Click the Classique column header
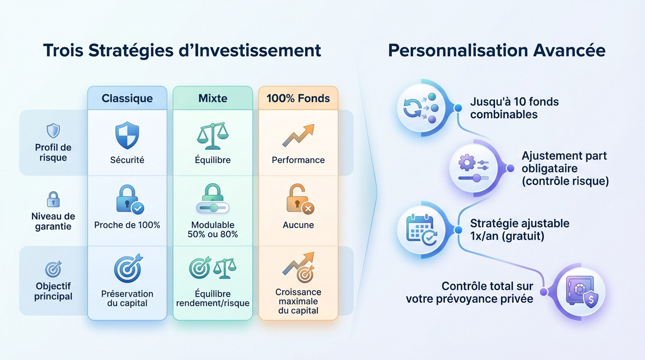(127, 98)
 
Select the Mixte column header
(213, 98)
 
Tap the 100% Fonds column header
(298, 98)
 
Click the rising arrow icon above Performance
(298, 135)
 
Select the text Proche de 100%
(127, 225)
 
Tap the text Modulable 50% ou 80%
(213, 230)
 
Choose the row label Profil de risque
(53, 152)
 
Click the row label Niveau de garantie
(53, 221)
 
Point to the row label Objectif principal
(53, 291)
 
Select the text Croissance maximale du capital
(298, 301)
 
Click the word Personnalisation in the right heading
(452, 50)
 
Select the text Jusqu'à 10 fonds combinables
(514, 108)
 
